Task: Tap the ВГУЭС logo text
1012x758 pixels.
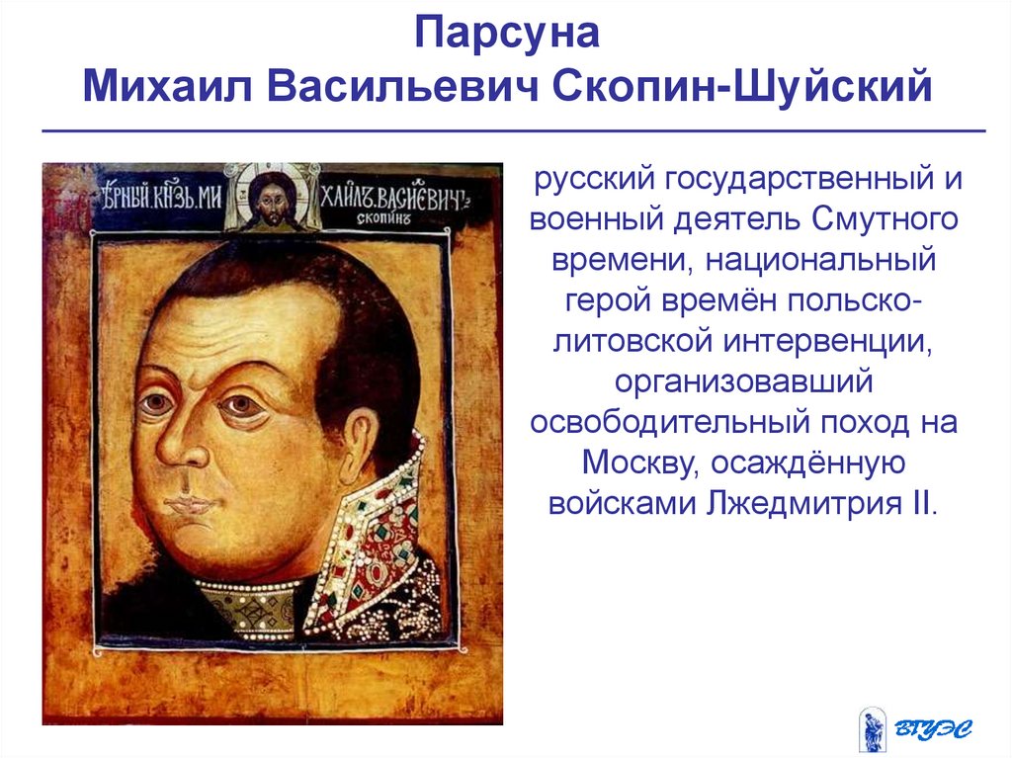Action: [x=935, y=728]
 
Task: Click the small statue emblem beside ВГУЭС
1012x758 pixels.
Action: [x=873, y=728]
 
